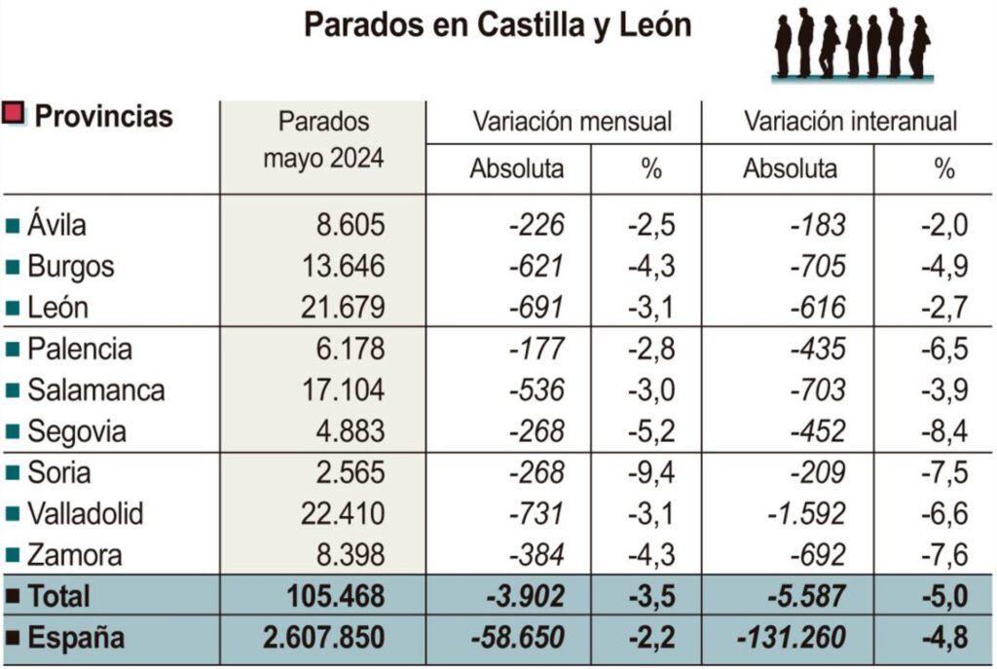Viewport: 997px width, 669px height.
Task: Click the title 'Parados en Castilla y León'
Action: [x=498, y=24]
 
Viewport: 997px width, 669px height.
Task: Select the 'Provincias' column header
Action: [x=103, y=117]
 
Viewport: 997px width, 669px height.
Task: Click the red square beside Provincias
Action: [x=14, y=113]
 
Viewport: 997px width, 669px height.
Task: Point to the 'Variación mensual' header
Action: [x=572, y=122]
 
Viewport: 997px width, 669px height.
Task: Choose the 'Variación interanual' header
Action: [x=850, y=122]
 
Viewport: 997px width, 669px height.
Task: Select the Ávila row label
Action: [x=56, y=225]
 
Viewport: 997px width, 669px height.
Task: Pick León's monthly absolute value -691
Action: [x=535, y=308]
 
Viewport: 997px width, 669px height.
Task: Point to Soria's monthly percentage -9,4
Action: [x=650, y=472]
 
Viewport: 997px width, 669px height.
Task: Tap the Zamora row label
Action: [x=74, y=555]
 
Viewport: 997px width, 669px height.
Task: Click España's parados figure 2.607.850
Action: [x=324, y=638]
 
